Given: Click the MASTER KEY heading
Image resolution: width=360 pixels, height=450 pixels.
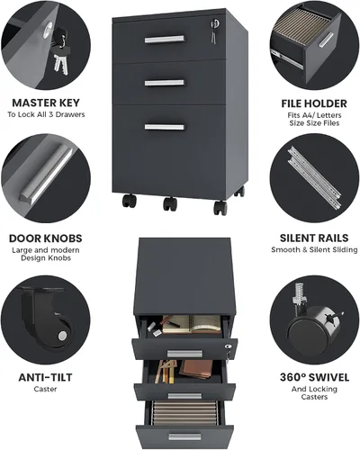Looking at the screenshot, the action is [x=46, y=103].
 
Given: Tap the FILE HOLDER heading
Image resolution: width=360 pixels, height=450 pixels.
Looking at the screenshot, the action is [x=314, y=103].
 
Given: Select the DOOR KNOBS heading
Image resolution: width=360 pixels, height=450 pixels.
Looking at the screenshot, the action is [x=46, y=238].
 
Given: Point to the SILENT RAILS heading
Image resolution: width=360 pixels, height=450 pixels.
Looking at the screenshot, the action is [x=314, y=238].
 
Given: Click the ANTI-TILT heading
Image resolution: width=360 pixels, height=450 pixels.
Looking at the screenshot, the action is [x=45, y=377].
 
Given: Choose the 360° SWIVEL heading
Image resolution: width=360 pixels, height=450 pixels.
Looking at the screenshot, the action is [x=314, y=377].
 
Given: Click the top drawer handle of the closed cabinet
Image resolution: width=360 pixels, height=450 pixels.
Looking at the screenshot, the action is [x=165, y=40].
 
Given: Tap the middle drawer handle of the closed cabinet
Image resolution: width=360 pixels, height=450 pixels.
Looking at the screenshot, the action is [x=165, y=83].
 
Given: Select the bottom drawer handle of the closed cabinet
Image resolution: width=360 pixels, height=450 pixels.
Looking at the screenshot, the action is [x=165, y=127].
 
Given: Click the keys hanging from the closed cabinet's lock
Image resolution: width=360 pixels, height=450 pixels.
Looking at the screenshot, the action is [x=214, y=32].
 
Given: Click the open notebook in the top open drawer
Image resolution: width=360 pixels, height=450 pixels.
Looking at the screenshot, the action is [x=192, y=324].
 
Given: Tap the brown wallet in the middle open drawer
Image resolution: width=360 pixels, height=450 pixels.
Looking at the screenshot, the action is [x=196, y=369].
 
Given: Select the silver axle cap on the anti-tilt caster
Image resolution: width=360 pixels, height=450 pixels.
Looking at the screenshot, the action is [x=62, y=336].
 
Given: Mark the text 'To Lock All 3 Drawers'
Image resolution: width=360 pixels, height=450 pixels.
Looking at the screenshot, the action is [x=46, y=114].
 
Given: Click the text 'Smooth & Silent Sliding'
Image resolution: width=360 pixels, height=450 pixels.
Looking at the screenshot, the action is [x=314, y=249].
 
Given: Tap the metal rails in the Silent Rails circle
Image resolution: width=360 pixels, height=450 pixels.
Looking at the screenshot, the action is [x=314, y=178].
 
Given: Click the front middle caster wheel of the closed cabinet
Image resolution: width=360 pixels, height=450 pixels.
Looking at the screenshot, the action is [x=170, y=203].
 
